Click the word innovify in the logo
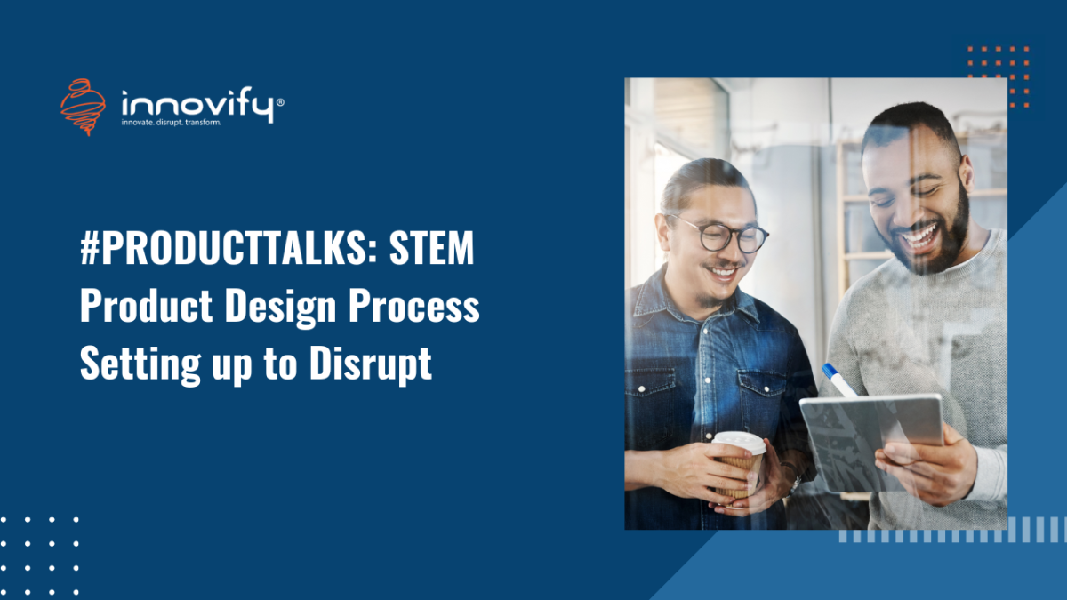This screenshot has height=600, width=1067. click(197, 104)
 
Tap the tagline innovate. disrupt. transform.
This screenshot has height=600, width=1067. click(171, 124)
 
